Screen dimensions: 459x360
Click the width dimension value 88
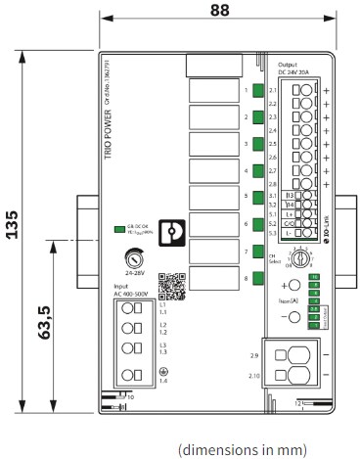[x=220, y=11]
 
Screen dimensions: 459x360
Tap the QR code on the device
[x=170, y=284]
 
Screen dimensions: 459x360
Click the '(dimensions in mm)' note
[x=243, y=449]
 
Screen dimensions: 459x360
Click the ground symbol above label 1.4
[x=161, y=371]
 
